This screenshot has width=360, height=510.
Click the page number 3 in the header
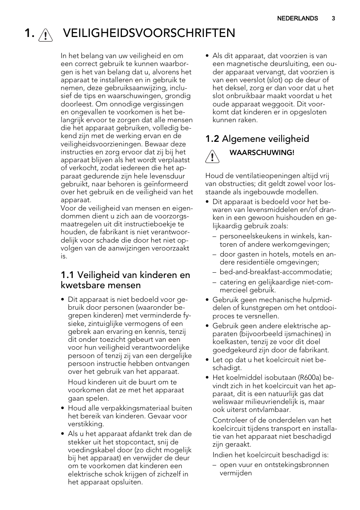point(333,18)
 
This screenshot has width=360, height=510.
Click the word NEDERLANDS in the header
point(297,18)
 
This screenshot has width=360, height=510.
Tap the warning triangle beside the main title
point(45,35)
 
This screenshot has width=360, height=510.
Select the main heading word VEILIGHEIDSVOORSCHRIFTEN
point(149,33)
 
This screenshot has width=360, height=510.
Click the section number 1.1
point(67,275)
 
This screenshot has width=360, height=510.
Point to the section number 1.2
point(212,139)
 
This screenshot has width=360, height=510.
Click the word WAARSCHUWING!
point(262,153)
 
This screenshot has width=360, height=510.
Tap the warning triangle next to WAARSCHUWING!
point(212,157)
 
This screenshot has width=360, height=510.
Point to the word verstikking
point(86,424)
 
